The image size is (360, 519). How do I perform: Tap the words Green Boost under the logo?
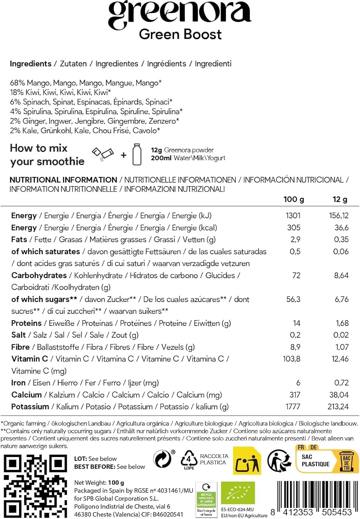click(180, 35)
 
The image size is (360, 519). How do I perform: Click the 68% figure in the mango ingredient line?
click(17, 83)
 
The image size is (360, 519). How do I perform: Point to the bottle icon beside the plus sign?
click(137, 155)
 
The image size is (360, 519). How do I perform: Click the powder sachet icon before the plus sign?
click(102, 154)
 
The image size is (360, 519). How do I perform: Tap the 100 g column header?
click(294, 199)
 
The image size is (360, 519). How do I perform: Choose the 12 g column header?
click(340, 199)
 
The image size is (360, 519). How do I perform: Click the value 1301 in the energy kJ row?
click(293, 216)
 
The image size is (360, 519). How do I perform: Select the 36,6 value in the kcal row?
click(341, 228)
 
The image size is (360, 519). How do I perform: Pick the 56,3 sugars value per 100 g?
click(293, 299)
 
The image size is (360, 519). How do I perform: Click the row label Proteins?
click(26, 323)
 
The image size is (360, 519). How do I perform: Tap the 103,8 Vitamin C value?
click(291, 359)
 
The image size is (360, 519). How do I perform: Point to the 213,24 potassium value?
click(338, 407)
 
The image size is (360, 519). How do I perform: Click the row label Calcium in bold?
click(26, 395)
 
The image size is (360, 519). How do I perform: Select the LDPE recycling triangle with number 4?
click(189, 460)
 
